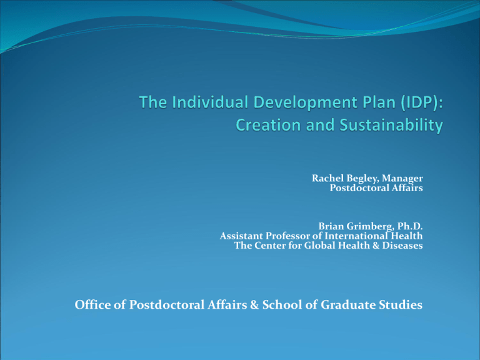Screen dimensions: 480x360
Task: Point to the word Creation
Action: click(x=268, y=125)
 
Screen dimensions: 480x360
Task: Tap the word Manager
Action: click(x=402, y=179)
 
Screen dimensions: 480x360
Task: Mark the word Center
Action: click(x=270, y=245)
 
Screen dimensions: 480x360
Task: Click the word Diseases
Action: click(x=402, y=245)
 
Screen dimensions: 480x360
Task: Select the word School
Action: click(x=282, y=304)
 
